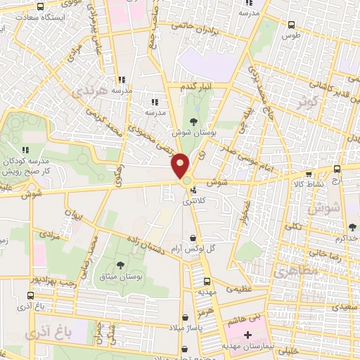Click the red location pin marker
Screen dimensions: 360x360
[x=180, y=165]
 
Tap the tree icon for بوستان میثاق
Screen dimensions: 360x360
[x=120, y=265]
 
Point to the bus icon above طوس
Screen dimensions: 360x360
[x=291, y=25]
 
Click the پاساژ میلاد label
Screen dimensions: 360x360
[x=185, y=329]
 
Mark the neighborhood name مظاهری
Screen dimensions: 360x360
[x=290, y=271]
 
